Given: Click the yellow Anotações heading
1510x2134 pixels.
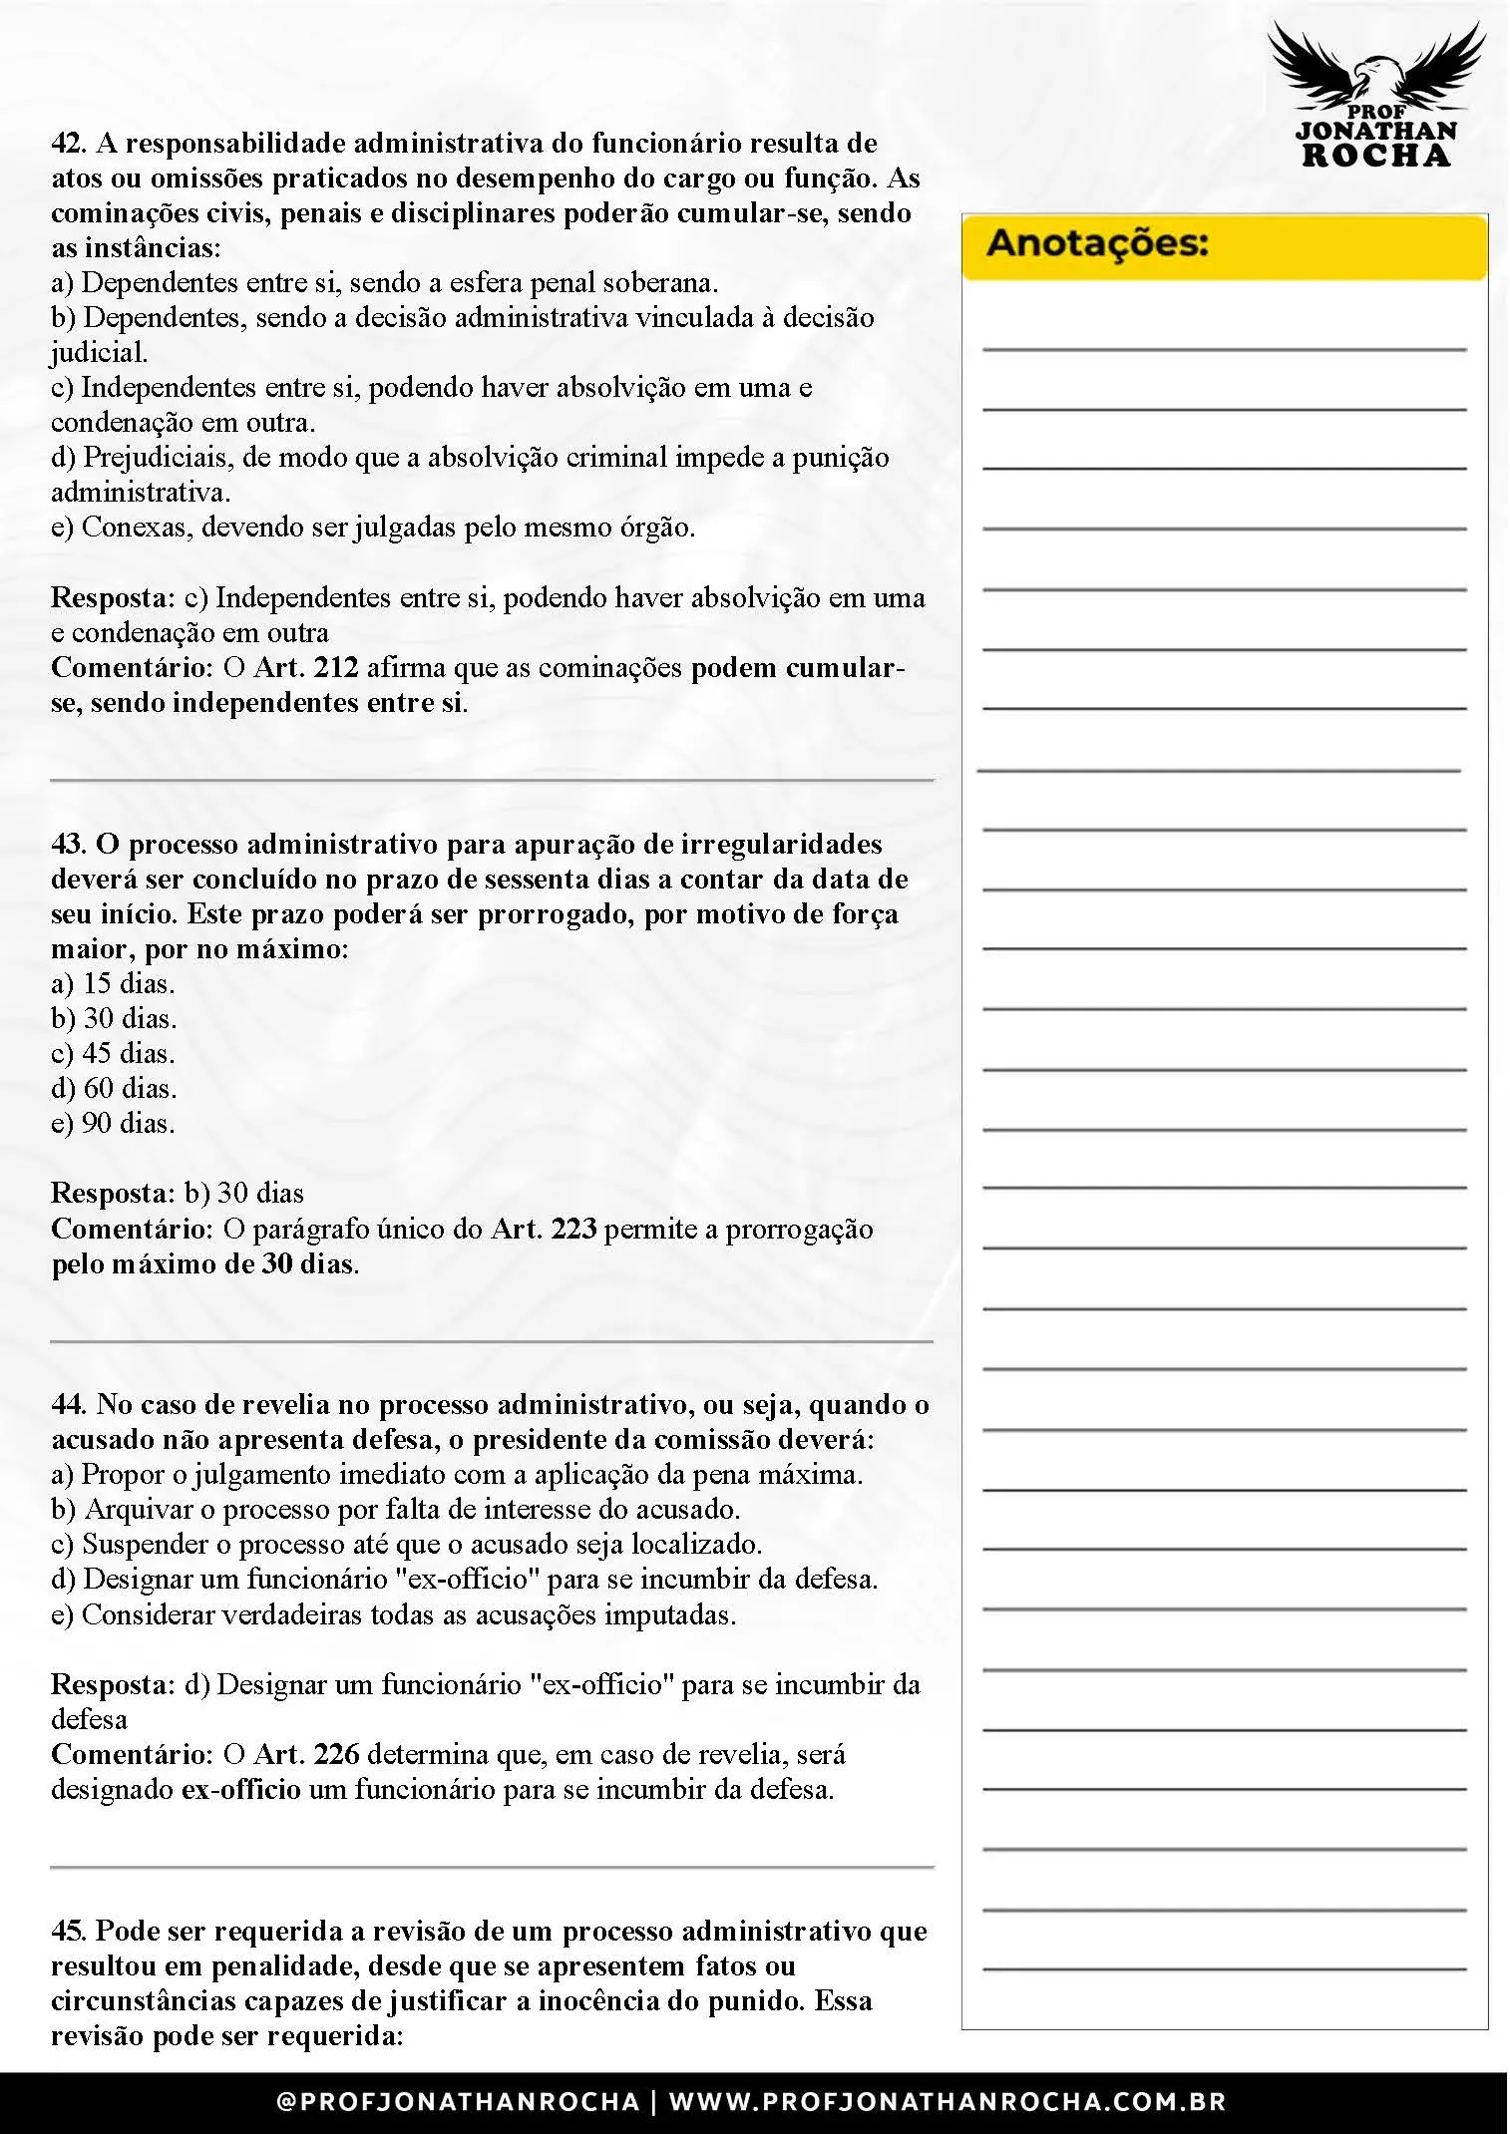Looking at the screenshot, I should point(1097,243).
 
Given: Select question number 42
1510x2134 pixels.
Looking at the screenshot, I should point(68,144).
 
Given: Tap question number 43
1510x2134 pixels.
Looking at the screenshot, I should point(68,845).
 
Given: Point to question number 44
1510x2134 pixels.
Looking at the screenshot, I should point(68,1405).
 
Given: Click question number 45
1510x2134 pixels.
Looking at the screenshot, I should point(68,1932).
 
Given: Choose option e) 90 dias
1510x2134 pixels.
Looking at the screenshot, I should point(113,1124).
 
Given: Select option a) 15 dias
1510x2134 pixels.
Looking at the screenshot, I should point(113,984).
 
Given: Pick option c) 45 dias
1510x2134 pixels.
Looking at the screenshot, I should point(113,1054).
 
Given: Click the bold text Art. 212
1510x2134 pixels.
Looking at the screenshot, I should point(306,668).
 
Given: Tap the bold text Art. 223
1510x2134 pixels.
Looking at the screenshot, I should point(544,1230).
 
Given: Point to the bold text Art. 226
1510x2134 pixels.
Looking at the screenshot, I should point(306,1755).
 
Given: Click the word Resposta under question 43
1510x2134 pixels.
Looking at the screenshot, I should point(113,1194).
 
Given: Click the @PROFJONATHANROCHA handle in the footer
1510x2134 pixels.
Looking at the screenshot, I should point(458,2102).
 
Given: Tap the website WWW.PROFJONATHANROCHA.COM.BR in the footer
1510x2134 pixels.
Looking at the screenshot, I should point(947,2102).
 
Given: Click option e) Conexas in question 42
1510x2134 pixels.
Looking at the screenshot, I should point(372,528).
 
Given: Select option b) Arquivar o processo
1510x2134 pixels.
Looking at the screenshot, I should point(395,1510).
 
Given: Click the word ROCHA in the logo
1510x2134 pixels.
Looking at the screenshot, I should point(1376,156).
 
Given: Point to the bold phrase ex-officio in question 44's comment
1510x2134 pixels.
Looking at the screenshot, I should point(240,1790).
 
